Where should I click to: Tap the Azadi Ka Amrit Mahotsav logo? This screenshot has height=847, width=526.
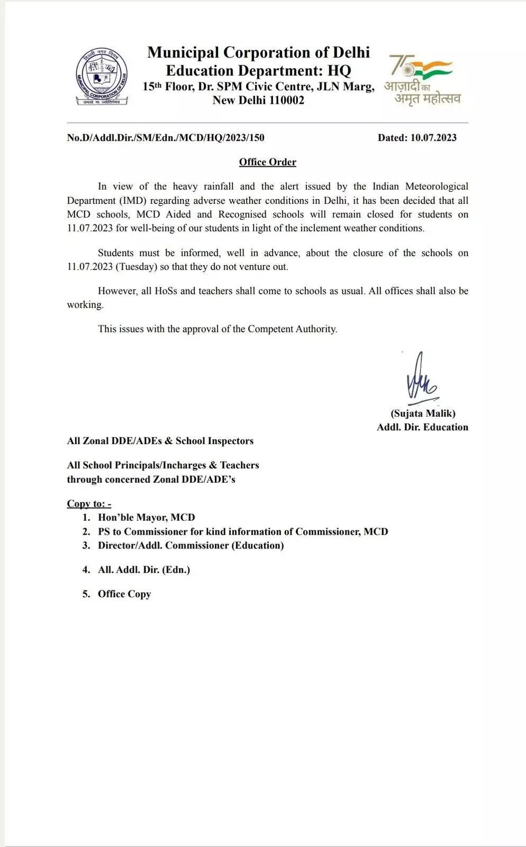(x=422, y=79)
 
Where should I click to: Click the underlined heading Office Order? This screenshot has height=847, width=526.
(x=267, y=162)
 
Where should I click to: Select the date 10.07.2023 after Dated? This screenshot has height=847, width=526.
(x=432, y=138)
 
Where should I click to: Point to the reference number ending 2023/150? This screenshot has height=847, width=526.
(x=166, y=138)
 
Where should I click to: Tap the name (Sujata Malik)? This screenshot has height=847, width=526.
(x=423, y=413)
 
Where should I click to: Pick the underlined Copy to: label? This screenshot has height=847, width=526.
(x=89, y=503)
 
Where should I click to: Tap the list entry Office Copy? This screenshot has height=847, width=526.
(x=124, y=594)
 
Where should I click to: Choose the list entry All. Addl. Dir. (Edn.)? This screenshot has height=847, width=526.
(x=143, y=570)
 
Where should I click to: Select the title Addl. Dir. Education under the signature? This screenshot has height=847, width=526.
(x=422, y=427)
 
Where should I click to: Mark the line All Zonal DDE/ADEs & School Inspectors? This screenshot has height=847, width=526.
(x=160, y=441)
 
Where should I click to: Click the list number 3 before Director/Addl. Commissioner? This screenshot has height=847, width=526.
(x=86, y=545)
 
